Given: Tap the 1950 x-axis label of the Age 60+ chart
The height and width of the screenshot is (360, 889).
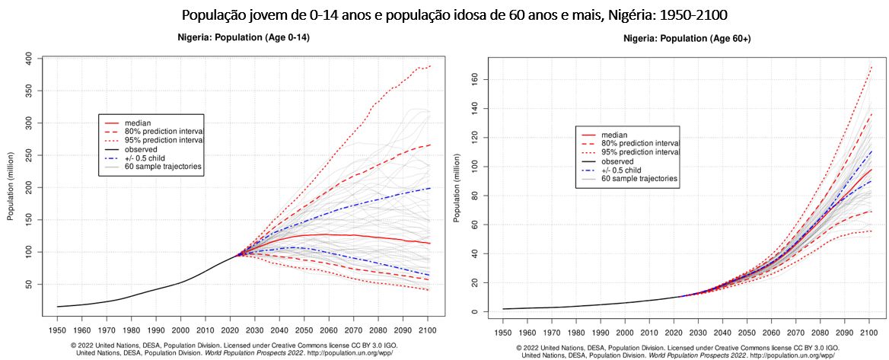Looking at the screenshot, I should pyautogui.click(x=502, y=333).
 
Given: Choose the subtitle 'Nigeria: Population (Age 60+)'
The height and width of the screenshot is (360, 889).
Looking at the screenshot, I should pyautogui.click(x=687, y=38).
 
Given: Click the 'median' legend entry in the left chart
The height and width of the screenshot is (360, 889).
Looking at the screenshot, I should pyautogui.click(x=139, y=122).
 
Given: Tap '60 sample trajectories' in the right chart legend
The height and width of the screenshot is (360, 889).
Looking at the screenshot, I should pyautogui.click(x=639, y=179).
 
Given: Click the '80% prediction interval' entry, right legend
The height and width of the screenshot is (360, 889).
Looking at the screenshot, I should pyautogui.click(x=640, y=143).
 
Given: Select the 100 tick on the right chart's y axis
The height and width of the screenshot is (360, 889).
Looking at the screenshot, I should pyautogui.click(x=473, y=166).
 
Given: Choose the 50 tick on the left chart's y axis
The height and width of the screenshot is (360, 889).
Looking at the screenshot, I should pyautogui.click(x=28, y=284).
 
